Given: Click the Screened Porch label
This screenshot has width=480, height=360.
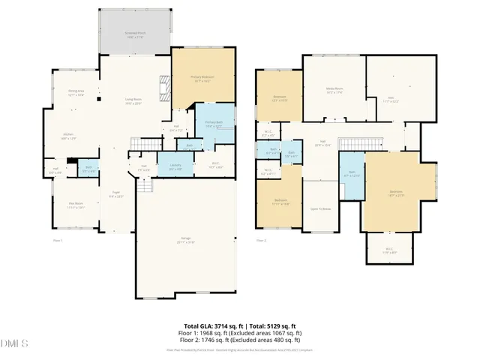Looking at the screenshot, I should (136, 34).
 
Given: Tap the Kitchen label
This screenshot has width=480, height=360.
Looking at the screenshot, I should (67, 136).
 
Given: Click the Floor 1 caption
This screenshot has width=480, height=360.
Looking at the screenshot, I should (57, 240).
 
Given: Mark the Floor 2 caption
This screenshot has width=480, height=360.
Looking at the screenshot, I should (262, 240).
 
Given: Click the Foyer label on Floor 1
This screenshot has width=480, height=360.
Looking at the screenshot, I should (116, 193).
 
